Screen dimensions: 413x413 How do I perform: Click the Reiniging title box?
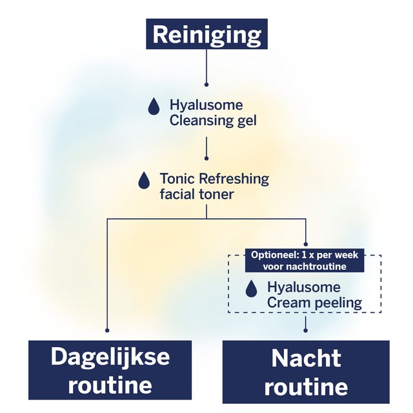tap(206, 34)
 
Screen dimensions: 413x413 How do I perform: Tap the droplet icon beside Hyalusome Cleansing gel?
tap(154, 107)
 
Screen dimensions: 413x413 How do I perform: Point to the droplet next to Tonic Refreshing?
tap(144, 180)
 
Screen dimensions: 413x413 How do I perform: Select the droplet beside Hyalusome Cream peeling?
tap(251, 289)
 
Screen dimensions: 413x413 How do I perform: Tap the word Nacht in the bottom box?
tap(306, 358)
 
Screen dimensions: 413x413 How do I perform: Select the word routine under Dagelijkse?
tap(110, 385)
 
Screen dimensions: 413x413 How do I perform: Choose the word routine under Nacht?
tap(306, 387)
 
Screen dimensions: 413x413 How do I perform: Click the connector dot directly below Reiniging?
tap(206, 83)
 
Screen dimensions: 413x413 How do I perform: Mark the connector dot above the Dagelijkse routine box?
tap(106, 330)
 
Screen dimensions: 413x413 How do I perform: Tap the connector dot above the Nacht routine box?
tap(305, 330)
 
